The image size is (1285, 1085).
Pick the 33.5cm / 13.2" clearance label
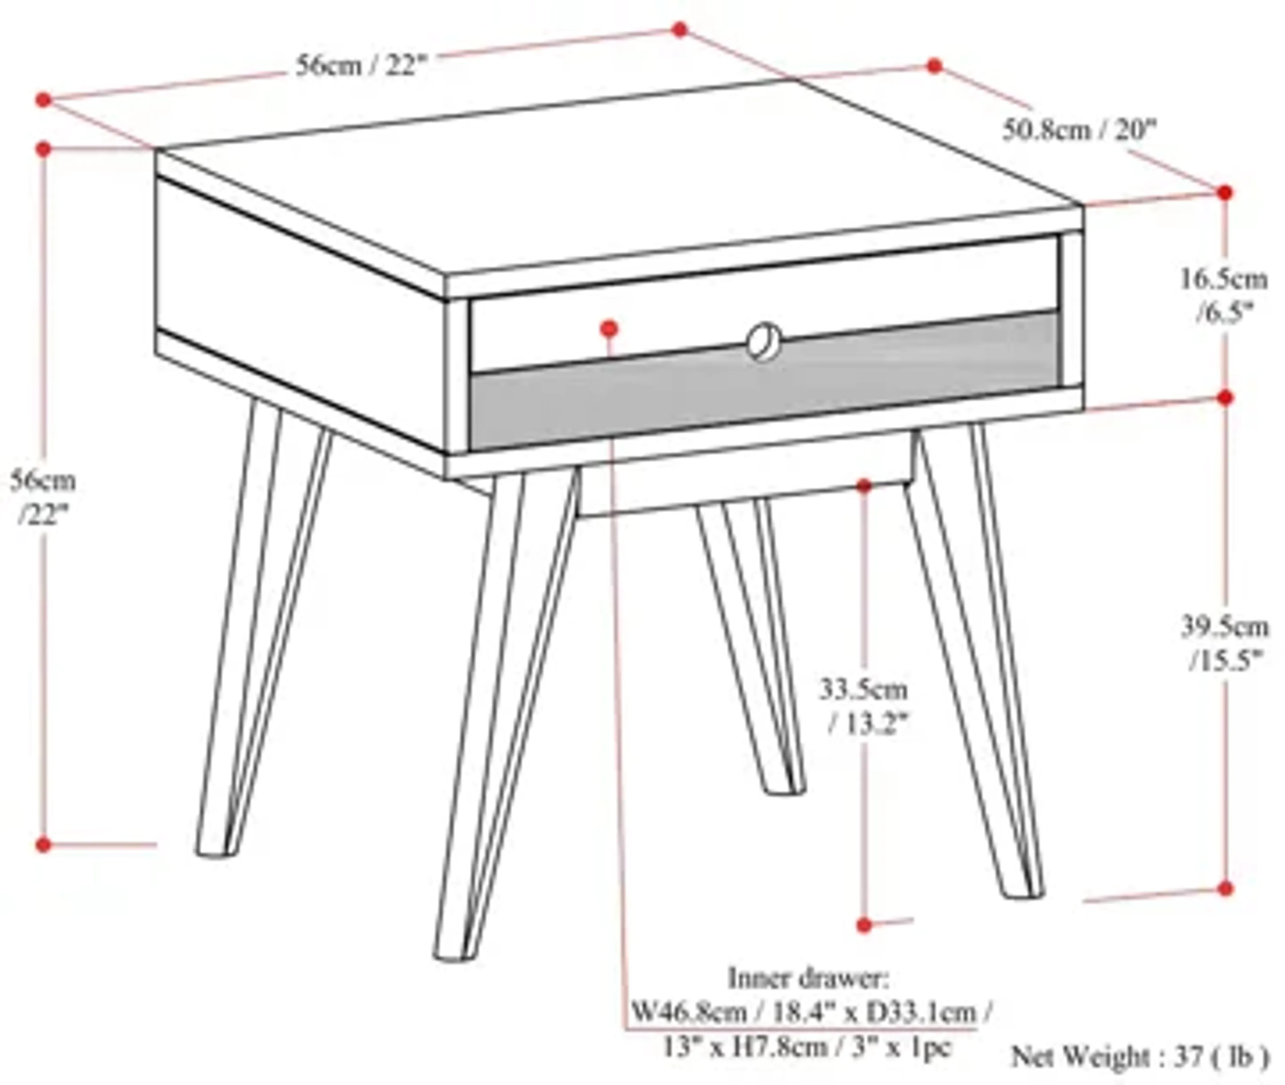pyautogui.click(x=864, y=707)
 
